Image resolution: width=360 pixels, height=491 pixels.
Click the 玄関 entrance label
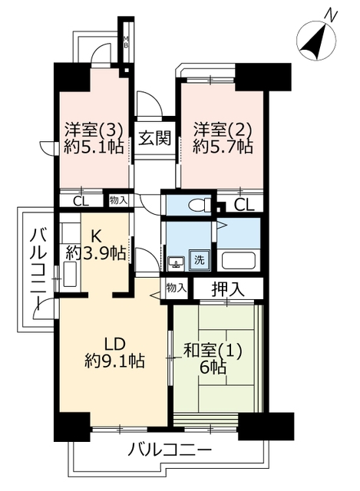tap(155, 138)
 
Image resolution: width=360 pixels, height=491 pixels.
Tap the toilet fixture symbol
tap(200, 205)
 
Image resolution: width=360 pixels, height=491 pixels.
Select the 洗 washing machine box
tap(199, 260)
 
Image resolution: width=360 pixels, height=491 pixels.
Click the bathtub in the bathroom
tap(239, 260)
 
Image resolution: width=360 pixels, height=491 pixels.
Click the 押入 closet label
tap(228, 289)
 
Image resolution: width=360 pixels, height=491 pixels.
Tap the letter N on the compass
tap(331, 15)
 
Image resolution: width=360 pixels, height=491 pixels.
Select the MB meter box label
tap(126, 42)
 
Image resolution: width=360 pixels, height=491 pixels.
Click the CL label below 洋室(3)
tap(81, 201)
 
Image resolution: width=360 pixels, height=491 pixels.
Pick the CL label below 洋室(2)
tap(244, 206)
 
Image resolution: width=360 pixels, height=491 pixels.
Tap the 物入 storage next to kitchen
tap(118, 200)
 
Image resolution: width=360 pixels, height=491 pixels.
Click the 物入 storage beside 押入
tap(177, 288)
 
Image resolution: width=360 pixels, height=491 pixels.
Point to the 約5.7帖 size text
tap(223, 147)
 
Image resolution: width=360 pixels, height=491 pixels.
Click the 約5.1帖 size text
tap(94, 147)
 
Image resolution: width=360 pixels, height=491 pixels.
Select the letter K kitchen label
tap(96, 237)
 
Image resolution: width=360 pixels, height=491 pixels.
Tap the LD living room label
tap(114, 344)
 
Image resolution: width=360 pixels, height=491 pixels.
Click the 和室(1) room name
tap(213, 351)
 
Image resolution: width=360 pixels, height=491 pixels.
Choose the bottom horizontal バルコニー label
tap(170, 450)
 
